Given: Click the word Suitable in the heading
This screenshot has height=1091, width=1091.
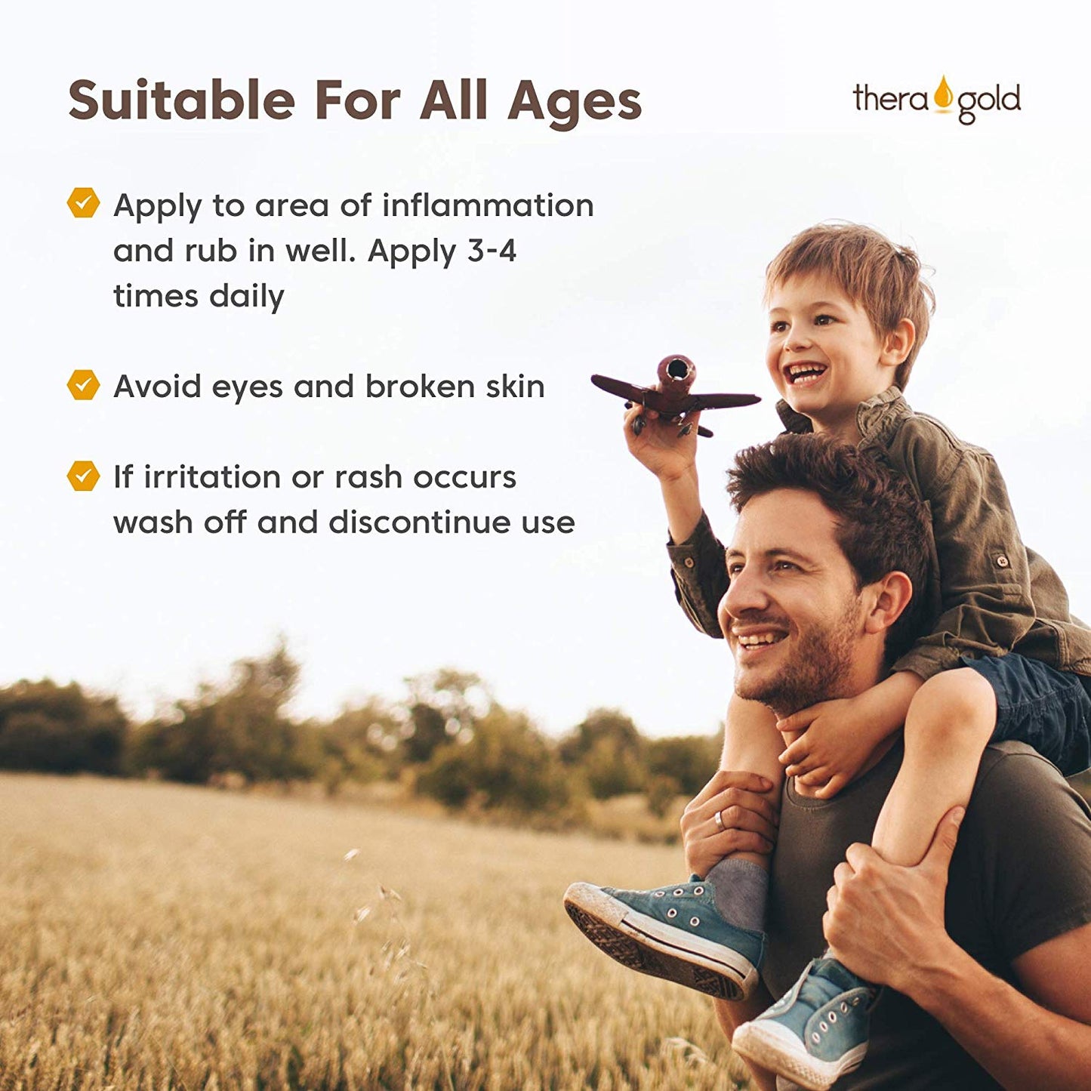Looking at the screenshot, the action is coord(182,100).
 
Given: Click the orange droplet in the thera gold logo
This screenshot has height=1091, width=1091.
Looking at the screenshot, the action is coord(943,94).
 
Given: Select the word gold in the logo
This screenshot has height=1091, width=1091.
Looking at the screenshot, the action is coord(989,103).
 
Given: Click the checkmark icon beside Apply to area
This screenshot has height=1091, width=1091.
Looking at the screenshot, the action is coord(83,202).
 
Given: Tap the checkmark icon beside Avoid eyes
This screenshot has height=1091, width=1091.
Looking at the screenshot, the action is coord(83,385).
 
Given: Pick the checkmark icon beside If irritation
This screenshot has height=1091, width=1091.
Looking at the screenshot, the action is coord(83,476).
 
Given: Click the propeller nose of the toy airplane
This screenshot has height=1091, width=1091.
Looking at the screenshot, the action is coord(676,368).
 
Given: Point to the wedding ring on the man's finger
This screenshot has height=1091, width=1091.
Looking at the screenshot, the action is coord(718,819).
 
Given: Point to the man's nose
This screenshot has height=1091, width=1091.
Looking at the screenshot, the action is coord(737,600).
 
